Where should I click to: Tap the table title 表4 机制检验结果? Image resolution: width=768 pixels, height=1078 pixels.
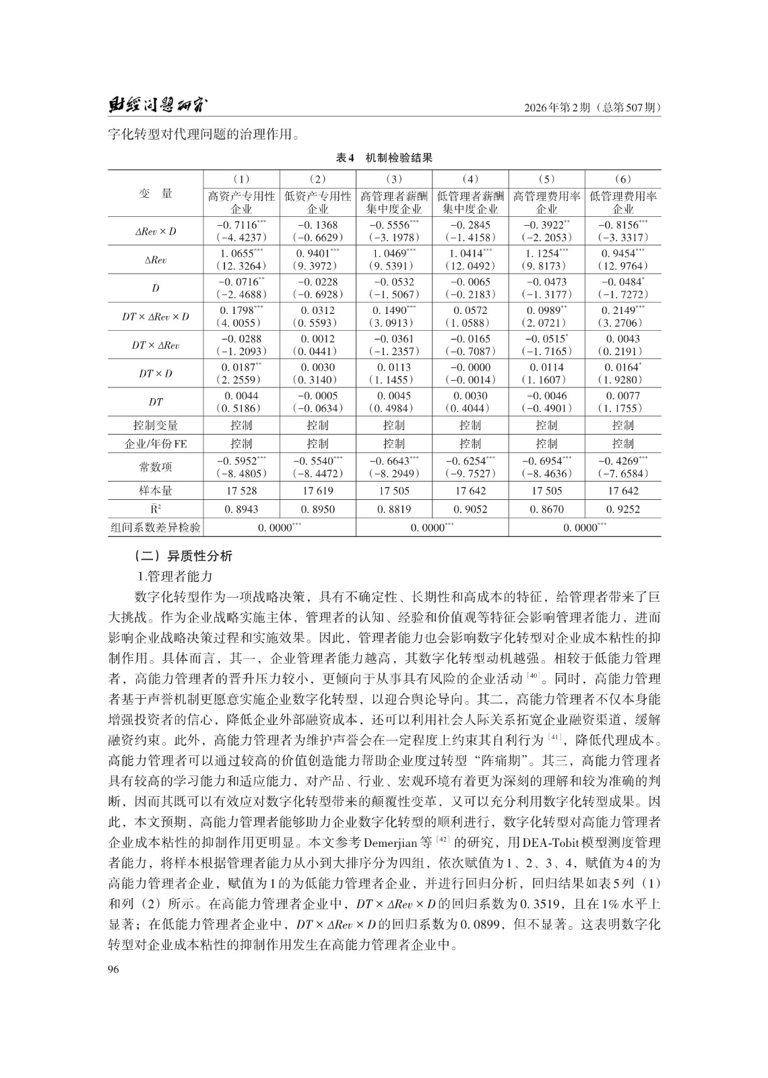384,158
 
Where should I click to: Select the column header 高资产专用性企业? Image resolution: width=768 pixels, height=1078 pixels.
241,202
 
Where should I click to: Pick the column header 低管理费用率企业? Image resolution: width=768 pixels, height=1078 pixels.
623,202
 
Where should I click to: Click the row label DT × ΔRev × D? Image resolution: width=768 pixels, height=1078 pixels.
156,317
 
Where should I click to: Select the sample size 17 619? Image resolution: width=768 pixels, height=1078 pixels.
317,491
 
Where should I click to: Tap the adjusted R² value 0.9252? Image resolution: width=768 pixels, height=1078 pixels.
623,509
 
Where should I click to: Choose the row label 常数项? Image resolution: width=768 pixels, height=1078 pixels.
156,466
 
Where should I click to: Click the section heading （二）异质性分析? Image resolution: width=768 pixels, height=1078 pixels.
183,557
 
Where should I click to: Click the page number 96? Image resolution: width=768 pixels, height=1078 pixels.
114,969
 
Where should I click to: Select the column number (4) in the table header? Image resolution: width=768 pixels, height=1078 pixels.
470,179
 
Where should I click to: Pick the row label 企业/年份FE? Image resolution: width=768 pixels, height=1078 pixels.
156,444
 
